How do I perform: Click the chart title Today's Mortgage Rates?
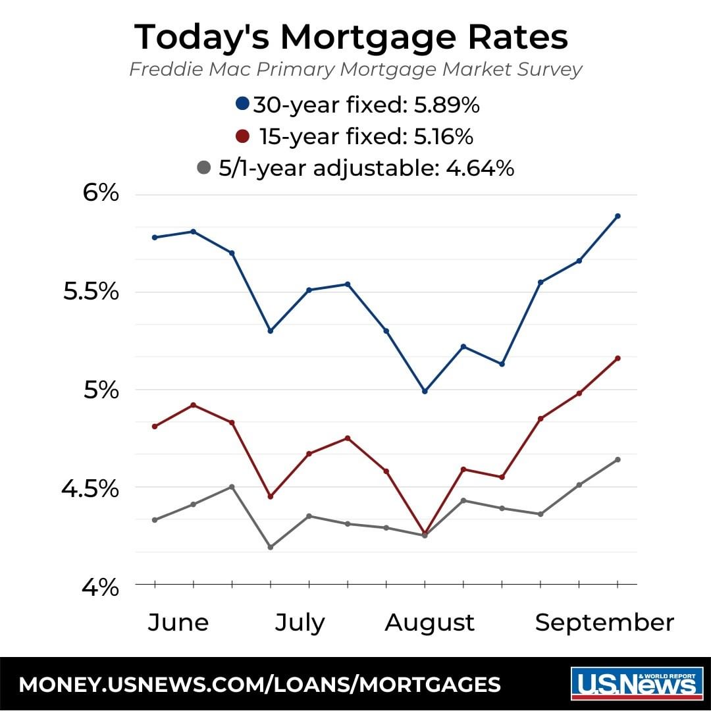point(351,37)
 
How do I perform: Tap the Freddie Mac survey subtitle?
point(355,69)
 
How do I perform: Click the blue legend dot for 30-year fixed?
point(243,103)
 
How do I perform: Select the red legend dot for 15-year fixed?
point(243,136)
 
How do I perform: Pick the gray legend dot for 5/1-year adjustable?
point(203,169)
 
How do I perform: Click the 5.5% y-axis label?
point(91,292)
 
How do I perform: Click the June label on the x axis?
point(178,622)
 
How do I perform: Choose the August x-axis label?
point(429,622)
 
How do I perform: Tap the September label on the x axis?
point(604,622)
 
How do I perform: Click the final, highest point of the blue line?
point(618,216)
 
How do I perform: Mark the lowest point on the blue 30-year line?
point(425,391)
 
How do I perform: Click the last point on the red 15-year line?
point(618,358)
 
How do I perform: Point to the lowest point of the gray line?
point(270,547)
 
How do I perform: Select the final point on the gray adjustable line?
point(618,460)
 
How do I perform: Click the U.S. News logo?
point(634,684)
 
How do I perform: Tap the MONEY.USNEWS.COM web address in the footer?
point(259,685)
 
